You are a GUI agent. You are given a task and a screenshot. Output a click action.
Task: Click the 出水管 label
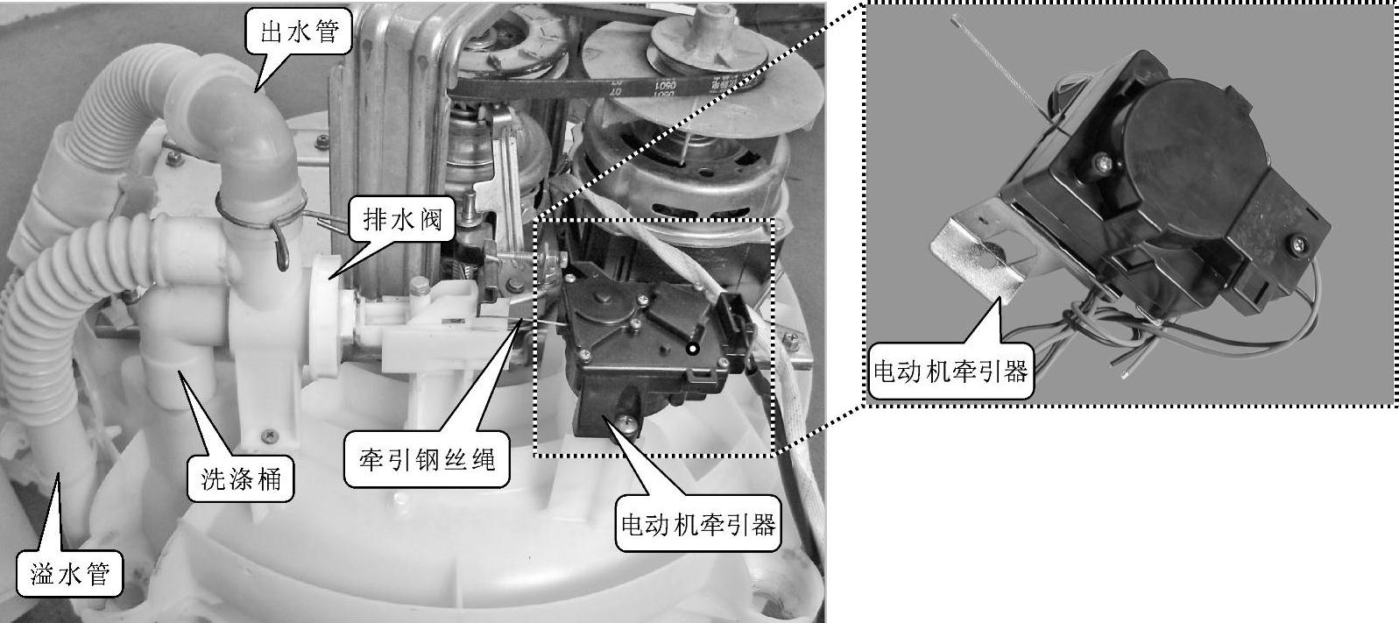click(300, 32)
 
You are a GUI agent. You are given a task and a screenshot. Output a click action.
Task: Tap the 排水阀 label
click(402, 219)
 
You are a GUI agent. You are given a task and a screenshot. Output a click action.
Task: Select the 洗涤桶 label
click(241, 479)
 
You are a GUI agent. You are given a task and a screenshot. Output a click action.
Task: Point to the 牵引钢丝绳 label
click(427, 460)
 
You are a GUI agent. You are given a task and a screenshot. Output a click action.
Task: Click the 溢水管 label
click(70, 574)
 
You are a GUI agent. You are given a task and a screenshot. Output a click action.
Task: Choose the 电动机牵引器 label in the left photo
click(698, 524)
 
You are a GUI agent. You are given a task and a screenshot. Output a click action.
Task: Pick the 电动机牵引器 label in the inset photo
click(950, 372)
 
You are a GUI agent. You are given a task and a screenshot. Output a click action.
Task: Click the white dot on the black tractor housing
click(692, 349)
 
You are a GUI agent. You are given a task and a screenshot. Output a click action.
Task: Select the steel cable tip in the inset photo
click(954, 19)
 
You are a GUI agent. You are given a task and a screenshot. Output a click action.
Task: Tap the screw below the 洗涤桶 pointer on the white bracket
click(269, 433)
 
